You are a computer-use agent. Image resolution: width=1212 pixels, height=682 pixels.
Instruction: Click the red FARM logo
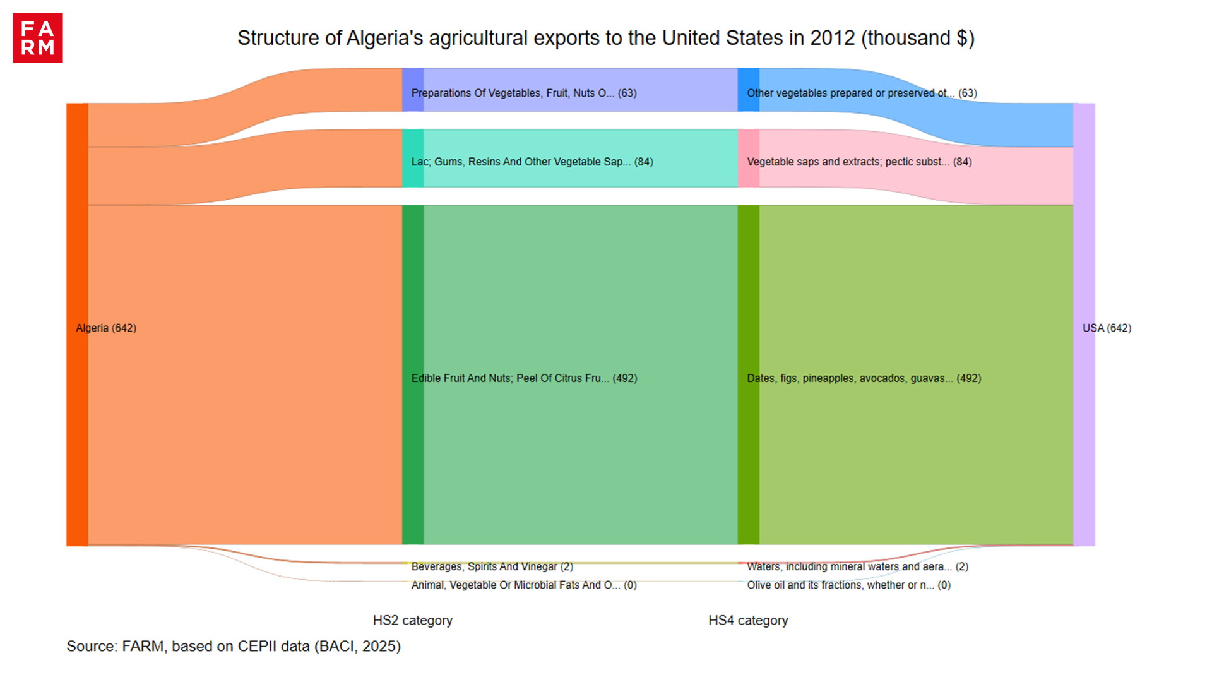point(37,38)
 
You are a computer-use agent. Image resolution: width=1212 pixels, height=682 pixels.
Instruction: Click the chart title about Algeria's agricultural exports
point(605,38)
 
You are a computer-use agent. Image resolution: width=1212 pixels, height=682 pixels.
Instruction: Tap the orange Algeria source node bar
point(77,253)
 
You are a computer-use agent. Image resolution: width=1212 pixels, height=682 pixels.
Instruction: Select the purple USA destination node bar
point(1084,253)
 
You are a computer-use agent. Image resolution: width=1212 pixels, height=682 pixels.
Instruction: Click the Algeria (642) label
point(106,328)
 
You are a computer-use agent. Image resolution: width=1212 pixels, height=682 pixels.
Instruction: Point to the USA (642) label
point(1107,328)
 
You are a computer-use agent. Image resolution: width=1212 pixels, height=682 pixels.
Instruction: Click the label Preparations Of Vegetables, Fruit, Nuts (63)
point(524,93)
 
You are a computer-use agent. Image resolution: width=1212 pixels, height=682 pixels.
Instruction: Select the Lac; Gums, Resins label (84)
point(532,162)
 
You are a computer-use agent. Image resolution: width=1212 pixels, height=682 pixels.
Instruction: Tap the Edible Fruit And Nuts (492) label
point(524,378)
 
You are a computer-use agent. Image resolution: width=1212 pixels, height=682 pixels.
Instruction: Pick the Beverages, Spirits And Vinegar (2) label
point(492,566)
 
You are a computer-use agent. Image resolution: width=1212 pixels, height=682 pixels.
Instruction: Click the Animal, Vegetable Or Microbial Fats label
point(524,585)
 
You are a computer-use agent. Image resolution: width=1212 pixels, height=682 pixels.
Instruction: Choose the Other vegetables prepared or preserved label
point(862,93)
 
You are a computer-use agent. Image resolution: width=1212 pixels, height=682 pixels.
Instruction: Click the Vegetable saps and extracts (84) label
point(859,162)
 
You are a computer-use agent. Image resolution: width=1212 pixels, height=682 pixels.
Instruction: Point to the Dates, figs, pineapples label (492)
point(864,378)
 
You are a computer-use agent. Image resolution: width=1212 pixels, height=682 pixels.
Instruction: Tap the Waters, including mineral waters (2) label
point(857,566)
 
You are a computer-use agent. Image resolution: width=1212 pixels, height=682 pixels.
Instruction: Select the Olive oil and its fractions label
point(848,585)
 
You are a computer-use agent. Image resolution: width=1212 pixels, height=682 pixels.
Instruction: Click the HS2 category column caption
point(412,620)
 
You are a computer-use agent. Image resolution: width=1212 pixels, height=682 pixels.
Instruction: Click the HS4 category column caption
point(748,620)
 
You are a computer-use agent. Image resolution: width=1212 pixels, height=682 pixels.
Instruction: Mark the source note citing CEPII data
point(234,646)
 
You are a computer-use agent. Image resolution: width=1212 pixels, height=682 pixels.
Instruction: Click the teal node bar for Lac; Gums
point(413,159)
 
